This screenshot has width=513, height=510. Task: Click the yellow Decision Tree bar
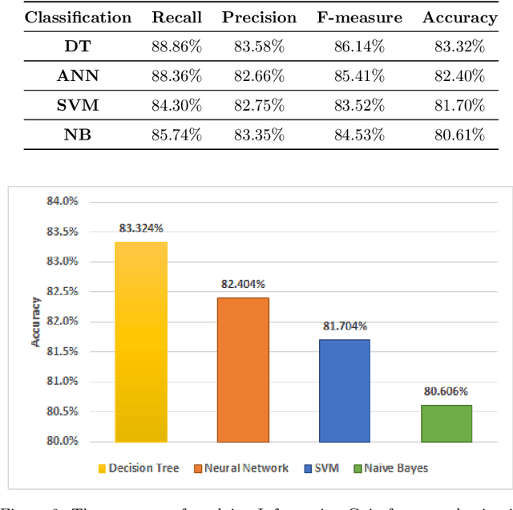(x=141, y=342)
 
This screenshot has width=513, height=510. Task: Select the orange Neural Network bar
(x=243, y=369)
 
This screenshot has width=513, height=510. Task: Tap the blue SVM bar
(x=345, y=390)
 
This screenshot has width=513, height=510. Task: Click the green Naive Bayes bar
(x=446, y=423)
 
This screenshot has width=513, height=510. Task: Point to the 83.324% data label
(x=142, y=228)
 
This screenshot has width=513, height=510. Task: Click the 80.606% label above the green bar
(x=446, y=391)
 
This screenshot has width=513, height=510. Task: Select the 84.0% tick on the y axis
(x=63, y=201)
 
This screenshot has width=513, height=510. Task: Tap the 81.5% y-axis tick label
(x=63, y=351)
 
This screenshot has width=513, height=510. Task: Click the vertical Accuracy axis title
(x=35, y=321)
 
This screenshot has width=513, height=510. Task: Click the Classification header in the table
(x=78, y=17)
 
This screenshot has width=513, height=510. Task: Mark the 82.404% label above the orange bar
(x=243, y=284)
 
